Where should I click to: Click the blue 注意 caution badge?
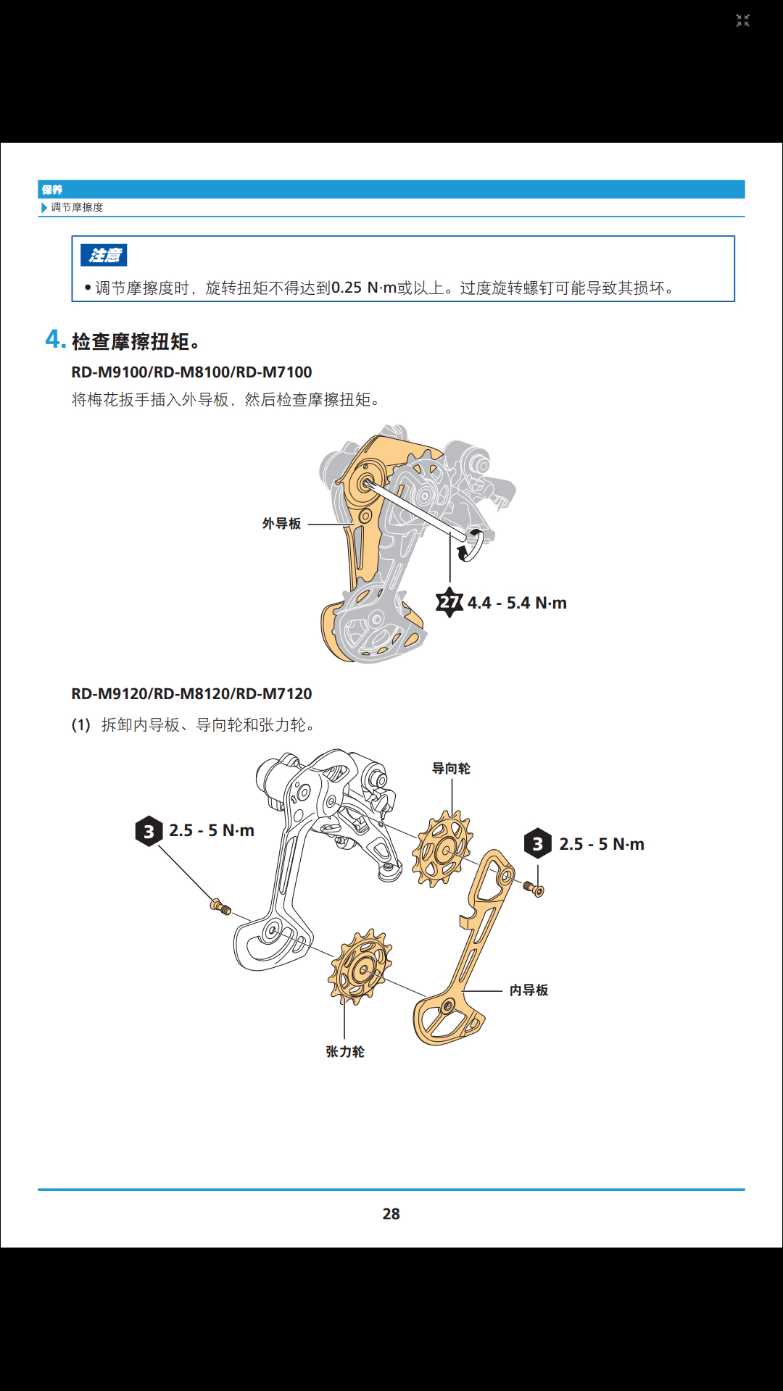(x=104, y=255)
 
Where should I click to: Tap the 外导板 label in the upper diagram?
(x=281, y=524)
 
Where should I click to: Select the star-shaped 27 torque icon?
(x=449, y=602)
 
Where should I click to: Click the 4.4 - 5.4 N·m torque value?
(x=517, y=603)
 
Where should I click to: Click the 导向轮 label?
(x=451, y=768)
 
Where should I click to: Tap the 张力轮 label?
(x=345, y=1051)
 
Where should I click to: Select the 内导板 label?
(x=529, y=990)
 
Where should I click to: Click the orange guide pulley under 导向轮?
(x=442, y=849)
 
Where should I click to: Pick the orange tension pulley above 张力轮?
(x=360, y=967)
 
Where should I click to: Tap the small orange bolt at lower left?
(x=221, y=906)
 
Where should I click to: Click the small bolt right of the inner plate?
(x=534, y=889)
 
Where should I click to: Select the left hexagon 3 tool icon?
(x=149, y=831)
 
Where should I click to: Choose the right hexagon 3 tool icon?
(x=538, y=844)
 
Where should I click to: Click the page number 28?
(x=391, y=1214)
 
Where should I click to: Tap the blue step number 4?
(x=55, y=339)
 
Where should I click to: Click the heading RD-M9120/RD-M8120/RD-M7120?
(x=191, y=693)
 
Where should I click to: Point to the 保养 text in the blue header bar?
(x=52, y=190)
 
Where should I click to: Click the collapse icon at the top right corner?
(x=742, y=21)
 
